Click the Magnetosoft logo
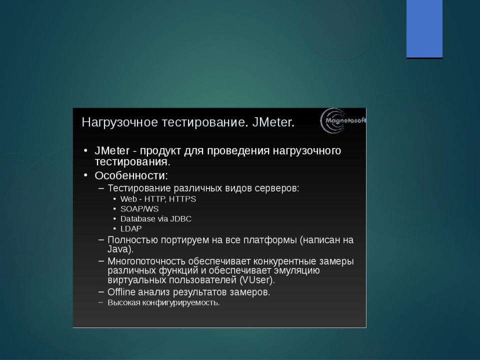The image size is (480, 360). click(343, 120)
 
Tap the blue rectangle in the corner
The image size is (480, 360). click(424, 29)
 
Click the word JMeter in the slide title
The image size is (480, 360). click(273, 122)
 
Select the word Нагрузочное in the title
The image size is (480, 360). click(120, 123)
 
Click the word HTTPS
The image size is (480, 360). click(182, 199)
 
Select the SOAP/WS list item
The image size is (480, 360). click(139, 209)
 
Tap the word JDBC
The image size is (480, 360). click(181, 219)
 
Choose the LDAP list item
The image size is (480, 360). click(131, 228)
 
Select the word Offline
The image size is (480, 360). click(121, 292)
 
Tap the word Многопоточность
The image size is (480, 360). click(146, 261)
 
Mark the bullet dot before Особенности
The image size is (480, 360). click(85, 175)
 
